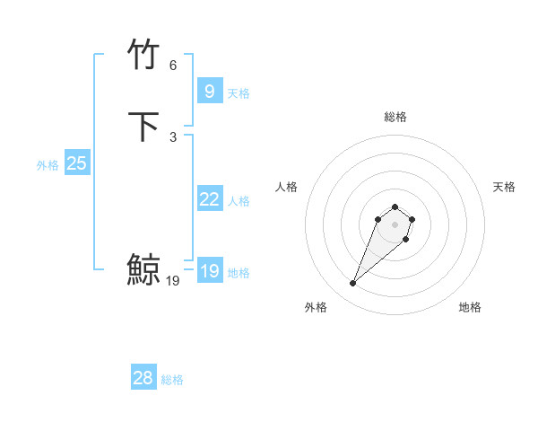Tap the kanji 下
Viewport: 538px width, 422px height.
pyautogui.click(x=143, y=127)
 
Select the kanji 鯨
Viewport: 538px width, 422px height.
pyautogui.click(x=143, y=269)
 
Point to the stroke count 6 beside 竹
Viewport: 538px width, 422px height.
pyautogui.click(x=173, y=66)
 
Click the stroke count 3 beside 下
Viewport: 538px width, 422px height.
pyautogui.click(x=173, y=137)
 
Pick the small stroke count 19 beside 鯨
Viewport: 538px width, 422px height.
pyautogui.click(x=173, y=281)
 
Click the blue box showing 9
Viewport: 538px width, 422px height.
pyautogui.click(x=209, y=91)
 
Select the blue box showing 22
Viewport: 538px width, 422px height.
pyautogui.click(x=209, y=199)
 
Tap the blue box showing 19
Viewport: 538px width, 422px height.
pyautogui.click(x=209, y=271)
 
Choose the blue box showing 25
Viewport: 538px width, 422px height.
pyautogui.click(x=77, y=163)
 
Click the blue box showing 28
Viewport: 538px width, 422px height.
pyautogui.click(x=143, y=378)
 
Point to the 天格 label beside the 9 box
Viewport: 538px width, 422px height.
pyautogui.click(x=239, y=93)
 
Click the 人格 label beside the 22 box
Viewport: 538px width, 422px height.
pyautogui.click(x=239, y=201)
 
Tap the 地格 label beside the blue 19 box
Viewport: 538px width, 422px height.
pyautogui.click(x=239, y=273)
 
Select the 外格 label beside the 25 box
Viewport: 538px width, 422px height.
pyautogui.click(x=48, y=165)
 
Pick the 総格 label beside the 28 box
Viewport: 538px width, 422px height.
pyautogui.click(x=172, y=380)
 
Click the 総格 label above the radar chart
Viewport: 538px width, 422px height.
pyautogui.click(x=395, y=117)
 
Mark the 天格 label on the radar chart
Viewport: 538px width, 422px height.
pyautogui.click(x=504, y=187)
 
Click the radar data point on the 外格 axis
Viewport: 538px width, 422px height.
pyautogui.click(x=353, y=284)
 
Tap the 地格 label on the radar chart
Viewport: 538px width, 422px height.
pyautogui.click(x=470, y=308)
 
